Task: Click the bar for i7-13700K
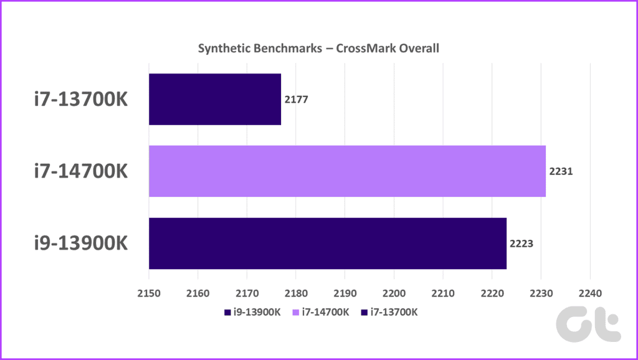(215, 99)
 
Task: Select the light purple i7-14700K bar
(347, 171)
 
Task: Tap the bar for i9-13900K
(328, 243)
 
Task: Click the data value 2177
(296, 100)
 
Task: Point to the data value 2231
(561, 171)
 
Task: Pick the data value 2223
(521, 244)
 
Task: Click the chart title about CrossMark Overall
(319, 48)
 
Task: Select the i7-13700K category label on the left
(80, 100)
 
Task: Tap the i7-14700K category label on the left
(80, 171)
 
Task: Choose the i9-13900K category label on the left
(80, 244)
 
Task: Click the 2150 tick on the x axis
(149, 291)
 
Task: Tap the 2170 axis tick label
(247, 291)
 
